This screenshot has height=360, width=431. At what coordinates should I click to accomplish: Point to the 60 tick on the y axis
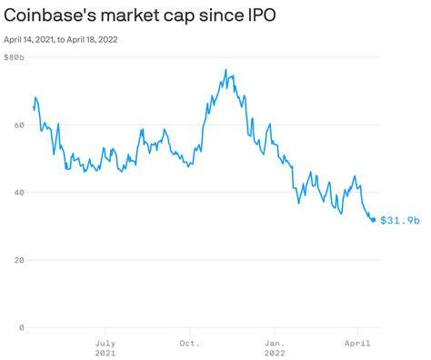click(x=17, y=125)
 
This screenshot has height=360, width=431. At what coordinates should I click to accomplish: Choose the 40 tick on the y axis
click(x=17, y=192)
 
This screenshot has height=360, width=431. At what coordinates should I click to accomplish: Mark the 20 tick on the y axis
click(x=17, y=259)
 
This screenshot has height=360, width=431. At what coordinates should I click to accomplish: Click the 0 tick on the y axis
click(x=15, y=326)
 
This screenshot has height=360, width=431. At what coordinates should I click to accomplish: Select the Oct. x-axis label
click(x=189, y=343)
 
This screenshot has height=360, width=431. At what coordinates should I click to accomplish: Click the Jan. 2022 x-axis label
click(x=274, y=348)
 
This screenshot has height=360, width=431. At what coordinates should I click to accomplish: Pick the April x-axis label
click(x=358, y=343)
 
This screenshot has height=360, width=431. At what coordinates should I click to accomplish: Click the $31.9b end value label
click(x=399, y=220)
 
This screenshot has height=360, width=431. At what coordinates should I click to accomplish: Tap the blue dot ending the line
click(x=373, y=220)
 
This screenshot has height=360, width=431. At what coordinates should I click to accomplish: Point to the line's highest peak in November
click(x=226, y=70)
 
